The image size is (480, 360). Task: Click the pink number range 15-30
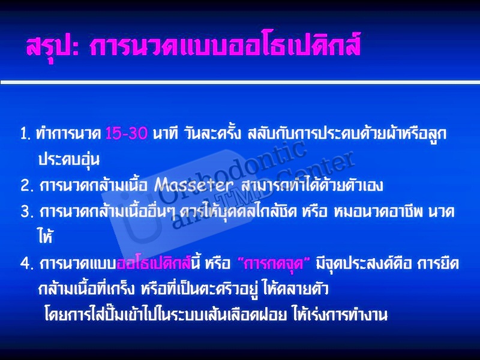127,133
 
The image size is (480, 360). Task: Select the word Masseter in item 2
194,185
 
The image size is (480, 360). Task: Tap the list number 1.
25,134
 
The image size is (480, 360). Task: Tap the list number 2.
27,185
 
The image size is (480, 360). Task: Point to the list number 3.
27,212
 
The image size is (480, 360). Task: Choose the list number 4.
27,263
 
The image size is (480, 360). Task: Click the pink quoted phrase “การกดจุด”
274,263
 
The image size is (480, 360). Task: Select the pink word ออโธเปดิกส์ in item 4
154,263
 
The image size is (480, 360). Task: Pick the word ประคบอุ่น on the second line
69,159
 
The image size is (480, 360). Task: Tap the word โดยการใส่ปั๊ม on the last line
84,313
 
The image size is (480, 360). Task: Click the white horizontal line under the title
240,82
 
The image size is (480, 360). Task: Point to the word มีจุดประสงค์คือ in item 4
364,264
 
